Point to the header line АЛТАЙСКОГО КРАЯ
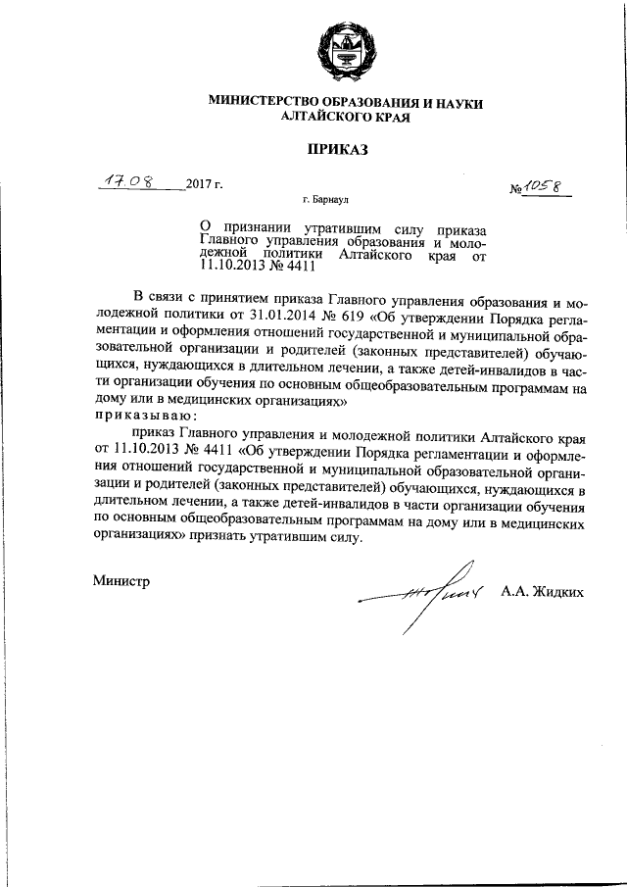point(336,117)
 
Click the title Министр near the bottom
point(121,581)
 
